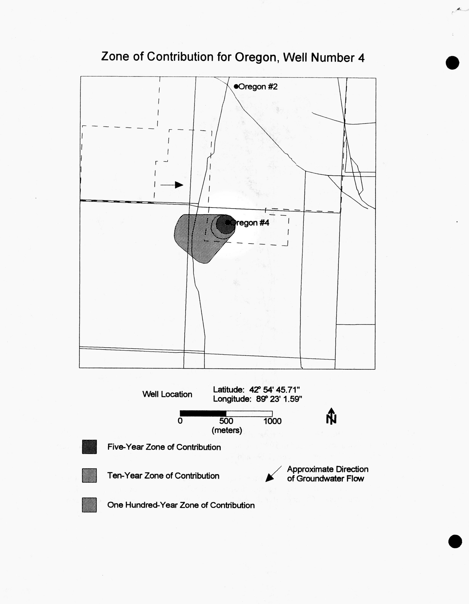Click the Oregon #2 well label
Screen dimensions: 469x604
pyautogui.click(x=258, y=87)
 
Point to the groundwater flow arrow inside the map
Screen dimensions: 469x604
pyautogui.click(x=172, y=185)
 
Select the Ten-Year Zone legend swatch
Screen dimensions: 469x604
pyautogui.click(x=89, y=475)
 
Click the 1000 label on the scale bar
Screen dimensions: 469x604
pyautogui.click(x=273, y=421)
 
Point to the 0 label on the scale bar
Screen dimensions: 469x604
pyautogui.click(x=180, y=421)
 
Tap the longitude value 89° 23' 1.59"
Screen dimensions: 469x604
pyautogui.click(x=279, y=399)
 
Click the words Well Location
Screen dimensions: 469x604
pyautogui.click(x=167, y=394)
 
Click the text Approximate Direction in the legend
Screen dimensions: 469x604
pyautogui.click(x=328, y=469)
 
